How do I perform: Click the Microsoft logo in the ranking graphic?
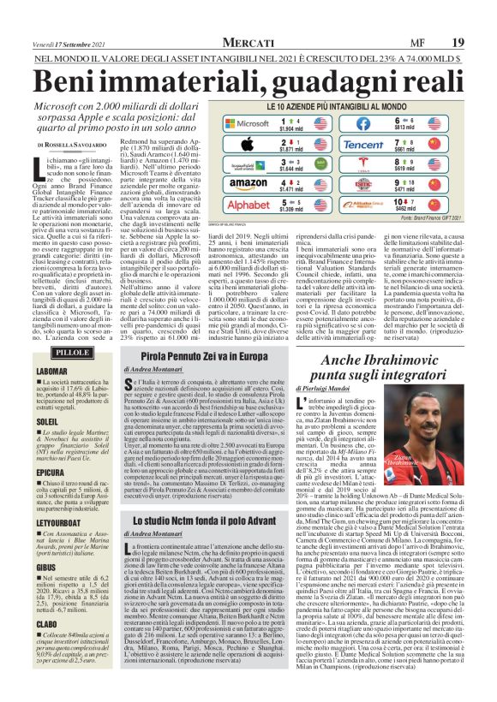(x=238, y=123)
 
